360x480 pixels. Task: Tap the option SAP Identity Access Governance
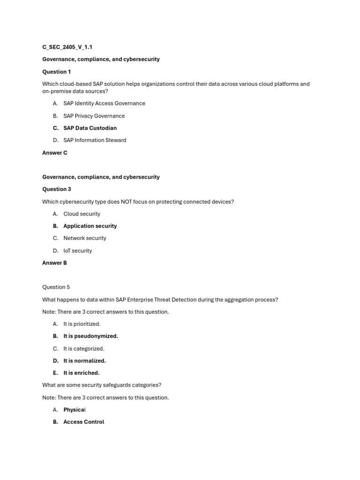[104, 103]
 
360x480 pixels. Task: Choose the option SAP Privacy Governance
[94, 116]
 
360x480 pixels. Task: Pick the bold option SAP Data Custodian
[90, 128]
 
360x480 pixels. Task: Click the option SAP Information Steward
[95, 140]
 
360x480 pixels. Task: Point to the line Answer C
[55, 153]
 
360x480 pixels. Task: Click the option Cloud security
[82, 214]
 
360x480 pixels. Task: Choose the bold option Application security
[90, 226]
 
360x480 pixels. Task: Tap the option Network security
[85, 238]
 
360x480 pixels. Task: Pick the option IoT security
[78, 251]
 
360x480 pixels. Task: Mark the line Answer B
[55, 263]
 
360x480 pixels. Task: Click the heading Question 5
[56, 287]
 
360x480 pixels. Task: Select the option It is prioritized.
[82, 324]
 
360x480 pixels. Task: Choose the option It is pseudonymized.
[90, 336]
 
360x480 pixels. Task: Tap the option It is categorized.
[84, 349]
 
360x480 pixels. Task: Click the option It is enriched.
[82, 373]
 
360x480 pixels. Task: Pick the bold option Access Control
[84, 422]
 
